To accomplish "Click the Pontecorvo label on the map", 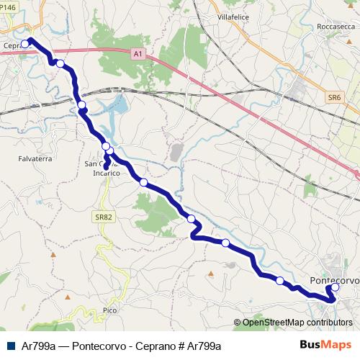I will click(333, 279).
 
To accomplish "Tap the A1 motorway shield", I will click(138, 53).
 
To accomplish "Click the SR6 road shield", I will click(333, 96).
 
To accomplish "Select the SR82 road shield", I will click(102, 216).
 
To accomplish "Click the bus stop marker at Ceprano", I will click(25, 44).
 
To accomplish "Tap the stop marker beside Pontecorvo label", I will click(335, 288).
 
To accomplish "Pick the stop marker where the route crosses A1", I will click(60, 64).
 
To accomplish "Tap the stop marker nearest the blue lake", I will click(81, 106).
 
